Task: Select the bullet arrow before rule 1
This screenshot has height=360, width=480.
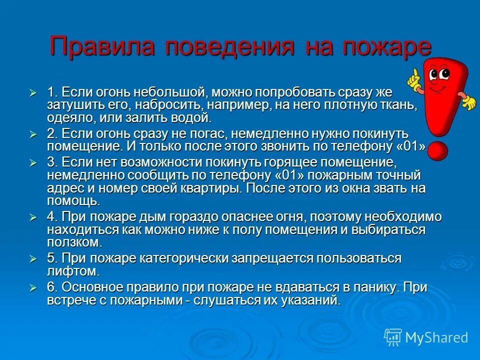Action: [x=33, y=93]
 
